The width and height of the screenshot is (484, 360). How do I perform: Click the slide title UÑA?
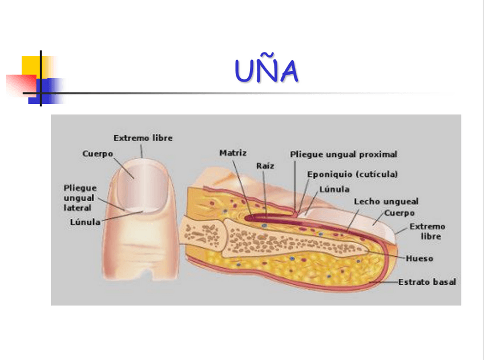point(267,72)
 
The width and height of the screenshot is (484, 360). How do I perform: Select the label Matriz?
point(233,153)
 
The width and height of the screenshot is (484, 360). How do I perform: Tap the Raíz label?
point(265,166)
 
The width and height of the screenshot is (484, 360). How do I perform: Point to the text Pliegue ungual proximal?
point(344,155)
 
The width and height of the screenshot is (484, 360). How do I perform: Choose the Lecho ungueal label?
point(386,201)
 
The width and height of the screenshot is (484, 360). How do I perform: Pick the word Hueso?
point(420,258)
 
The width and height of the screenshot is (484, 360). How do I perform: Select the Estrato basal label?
point(427,282)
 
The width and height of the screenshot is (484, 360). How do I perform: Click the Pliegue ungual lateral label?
point(80,197)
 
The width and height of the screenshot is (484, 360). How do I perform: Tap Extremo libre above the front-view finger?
point(143,138)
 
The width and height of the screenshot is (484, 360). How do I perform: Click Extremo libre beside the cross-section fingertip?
point(427,231)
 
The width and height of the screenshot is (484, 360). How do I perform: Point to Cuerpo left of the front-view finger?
point(98,153)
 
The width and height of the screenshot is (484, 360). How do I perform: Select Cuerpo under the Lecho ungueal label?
point(399,213)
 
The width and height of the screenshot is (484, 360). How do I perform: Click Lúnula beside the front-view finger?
point(85,222)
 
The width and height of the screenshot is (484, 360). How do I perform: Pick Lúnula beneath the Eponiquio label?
point(334,189)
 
